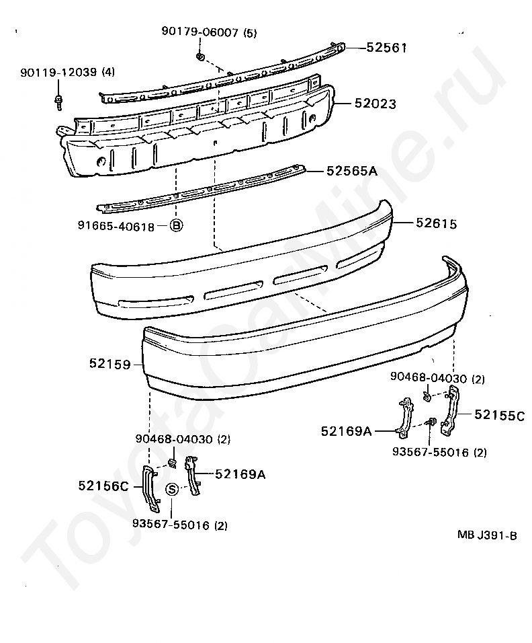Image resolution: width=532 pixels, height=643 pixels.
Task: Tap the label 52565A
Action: [x=352, y=171]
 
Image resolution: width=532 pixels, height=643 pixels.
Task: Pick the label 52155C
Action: [x=499, y=414]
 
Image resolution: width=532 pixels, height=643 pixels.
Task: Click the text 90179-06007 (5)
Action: [x=209, y=32]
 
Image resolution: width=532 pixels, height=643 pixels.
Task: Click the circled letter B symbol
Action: [x=175, y=226]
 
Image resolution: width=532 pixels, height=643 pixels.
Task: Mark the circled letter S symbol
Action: [x=172, y=489]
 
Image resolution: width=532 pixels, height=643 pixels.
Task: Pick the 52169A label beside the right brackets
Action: [x=346, y=431]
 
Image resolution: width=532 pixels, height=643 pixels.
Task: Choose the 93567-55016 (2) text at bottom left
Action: [x=179, y=525]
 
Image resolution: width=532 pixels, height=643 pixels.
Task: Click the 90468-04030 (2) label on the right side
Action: [x=437, y=379]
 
